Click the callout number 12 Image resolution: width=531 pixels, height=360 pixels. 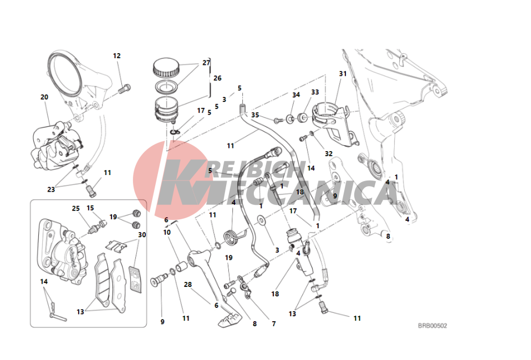click(x=117, y=56)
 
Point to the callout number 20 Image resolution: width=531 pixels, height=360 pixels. click(x=44, y=97)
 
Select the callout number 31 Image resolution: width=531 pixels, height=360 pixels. click(x=343, y=74)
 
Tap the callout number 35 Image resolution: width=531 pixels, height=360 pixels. click(x=255, y=115)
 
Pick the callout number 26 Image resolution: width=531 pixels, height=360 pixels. click(x=217, y=78)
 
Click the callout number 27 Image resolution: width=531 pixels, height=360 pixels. click(x=206, y=63)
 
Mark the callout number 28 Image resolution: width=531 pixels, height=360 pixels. click(x=187, y=285)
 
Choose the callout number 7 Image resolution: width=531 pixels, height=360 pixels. click(x=274, y=324)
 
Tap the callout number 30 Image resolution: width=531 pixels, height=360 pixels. click(x=142, y=235)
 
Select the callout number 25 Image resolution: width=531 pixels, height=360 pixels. click(x=75, y=208)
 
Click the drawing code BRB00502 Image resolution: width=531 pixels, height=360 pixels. click(x=432, y=326)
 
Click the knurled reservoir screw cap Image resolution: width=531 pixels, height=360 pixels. click(x=166, y=68)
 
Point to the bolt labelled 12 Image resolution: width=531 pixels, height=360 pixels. click(x=125, y=89)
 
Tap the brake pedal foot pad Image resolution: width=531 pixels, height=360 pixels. click(x=230, y=320)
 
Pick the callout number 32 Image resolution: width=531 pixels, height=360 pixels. click(x=329, y=153)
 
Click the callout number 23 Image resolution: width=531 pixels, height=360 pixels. click(x=51, y=189)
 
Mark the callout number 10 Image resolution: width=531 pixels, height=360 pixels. click(x=167, y=233)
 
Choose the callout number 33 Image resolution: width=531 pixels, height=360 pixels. click(x=315, y=92)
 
